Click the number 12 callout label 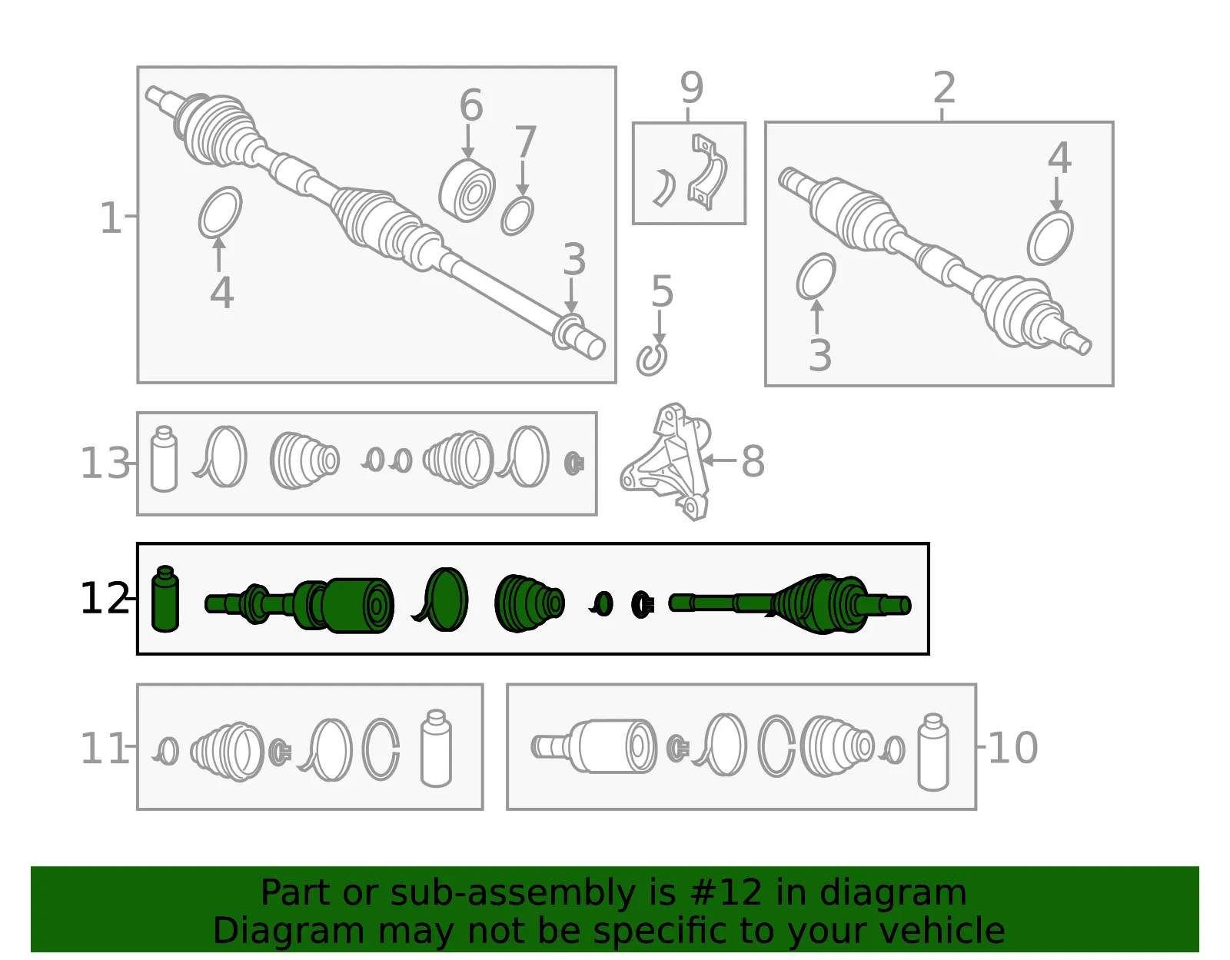(105, 598)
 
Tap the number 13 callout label (105, 463)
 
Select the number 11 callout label (105, 748)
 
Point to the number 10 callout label (1012, 748)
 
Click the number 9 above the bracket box (691, 88)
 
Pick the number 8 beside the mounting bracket (753, 461)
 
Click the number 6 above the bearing (471, 105)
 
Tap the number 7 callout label (525, 141)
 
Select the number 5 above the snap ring (662, 291)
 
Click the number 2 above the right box (943, 87)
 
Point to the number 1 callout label (111, 218)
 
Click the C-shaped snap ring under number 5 (651, 359)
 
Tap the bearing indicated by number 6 (467, 191)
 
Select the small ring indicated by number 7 (517, 216)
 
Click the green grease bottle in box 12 (165, 599)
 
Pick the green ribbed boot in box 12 (529, 603)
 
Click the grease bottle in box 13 (165, 459)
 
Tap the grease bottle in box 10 (932, 752)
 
